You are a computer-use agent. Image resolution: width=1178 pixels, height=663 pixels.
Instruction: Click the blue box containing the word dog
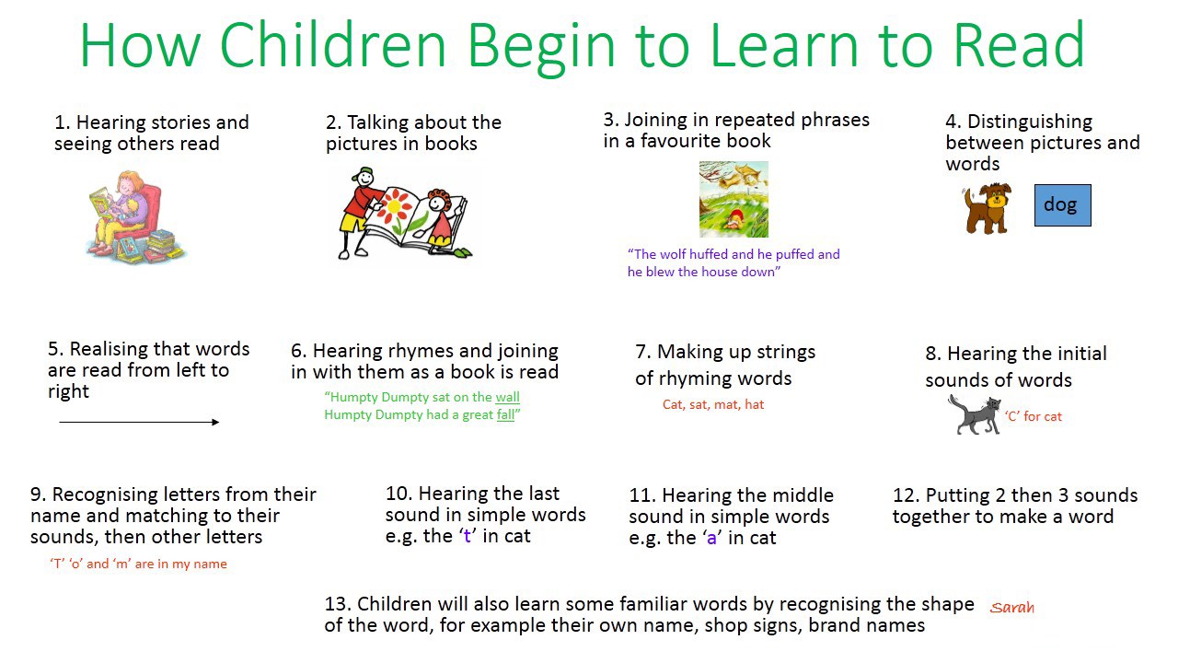[x=1062, y=205]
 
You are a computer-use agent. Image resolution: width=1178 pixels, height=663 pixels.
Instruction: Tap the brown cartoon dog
[x=987, y=208]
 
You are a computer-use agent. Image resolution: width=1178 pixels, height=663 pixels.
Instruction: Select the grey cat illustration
[x=975, y=415]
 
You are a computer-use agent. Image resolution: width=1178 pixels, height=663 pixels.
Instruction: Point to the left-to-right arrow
[x=139, y=422]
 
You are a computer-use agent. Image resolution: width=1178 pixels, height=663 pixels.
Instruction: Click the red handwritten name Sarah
[x=1011, y=608]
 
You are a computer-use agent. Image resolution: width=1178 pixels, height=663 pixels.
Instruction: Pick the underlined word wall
[x=507, y=397]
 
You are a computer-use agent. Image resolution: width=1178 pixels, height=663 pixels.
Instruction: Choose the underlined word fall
[x=505, y=414]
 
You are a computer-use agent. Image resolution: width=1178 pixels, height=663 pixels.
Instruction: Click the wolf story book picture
[x=733, y=199]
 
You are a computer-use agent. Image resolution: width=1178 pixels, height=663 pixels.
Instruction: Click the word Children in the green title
[x=333, y=45]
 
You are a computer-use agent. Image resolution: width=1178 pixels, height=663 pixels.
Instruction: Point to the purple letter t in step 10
[x=467, y=536]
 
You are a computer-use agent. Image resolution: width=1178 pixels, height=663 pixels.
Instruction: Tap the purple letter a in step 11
[x=711, y=539]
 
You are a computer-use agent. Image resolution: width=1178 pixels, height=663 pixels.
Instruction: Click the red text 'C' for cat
[x=1034, y=417]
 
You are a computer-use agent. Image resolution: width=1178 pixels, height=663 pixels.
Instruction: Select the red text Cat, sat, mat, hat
[x=713, y=404]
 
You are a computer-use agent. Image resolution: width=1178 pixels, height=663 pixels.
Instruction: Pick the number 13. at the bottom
[x=338, y=604]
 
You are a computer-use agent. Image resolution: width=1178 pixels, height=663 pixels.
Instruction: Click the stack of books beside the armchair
[x=162, y=246]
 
